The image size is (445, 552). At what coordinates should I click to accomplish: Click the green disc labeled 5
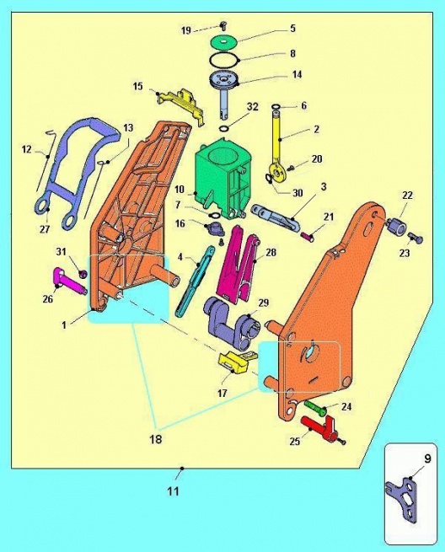(223, 42)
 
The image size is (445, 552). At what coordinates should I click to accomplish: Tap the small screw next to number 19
(222, 24)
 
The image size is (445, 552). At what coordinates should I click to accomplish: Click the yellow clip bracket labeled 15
(181, 105)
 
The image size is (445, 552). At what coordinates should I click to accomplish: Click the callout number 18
(156, 439)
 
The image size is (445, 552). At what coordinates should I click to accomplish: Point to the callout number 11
(173, 490)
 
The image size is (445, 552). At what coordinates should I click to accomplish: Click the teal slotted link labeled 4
(196, 281)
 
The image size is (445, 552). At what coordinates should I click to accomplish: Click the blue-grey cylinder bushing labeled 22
(396, 225)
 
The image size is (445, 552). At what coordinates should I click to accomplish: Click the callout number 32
(253, 106)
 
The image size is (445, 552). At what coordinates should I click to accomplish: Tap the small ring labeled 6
(276, 106)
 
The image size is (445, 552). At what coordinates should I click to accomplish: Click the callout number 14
(297, 75)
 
